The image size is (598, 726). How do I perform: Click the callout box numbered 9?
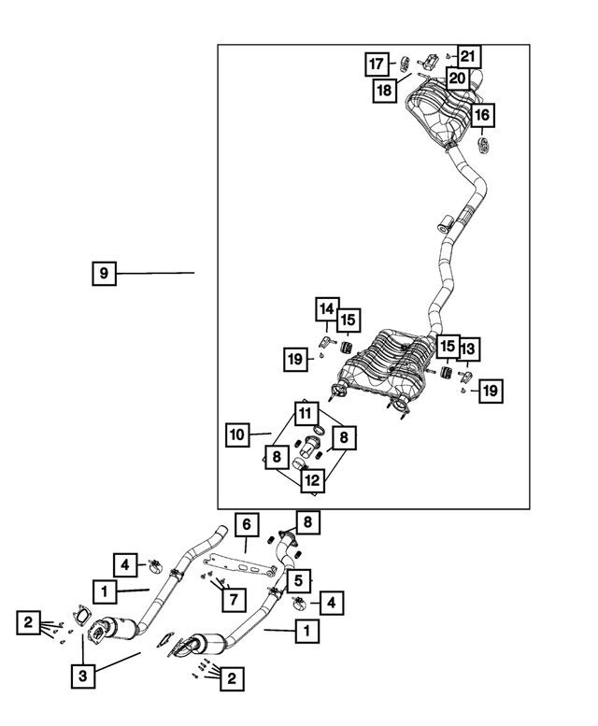(x=104, y=273)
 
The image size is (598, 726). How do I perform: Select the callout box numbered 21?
(x=469, y=56)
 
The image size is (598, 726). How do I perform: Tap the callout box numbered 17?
(x=377, y=64)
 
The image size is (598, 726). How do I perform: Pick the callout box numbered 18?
(x=385, y=91)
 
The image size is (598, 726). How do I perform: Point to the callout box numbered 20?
(x=457, y=78)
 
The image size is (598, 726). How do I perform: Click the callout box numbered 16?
(x=482, y=115)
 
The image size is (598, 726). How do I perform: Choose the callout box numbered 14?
(x=327, y=309)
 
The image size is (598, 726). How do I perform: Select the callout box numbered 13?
(x=468, y=349)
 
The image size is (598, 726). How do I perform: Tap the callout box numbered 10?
(x=237, y=434)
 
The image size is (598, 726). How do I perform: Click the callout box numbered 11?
(x=306, y=414)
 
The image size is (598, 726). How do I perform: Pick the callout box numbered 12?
(x=313, y=480)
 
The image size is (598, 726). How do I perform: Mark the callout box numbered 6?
(x=247, y=524)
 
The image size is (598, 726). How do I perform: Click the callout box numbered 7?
(x=234, y=600)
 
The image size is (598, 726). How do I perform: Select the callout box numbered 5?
(x=299, y=580)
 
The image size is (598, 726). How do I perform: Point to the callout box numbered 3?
(x=83, y=676)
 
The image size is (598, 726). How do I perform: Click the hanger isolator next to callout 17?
(x=405, y=64)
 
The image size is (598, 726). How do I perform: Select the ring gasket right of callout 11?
(x=320, y=430)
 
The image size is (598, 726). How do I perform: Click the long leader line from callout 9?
(x=155, y=273)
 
